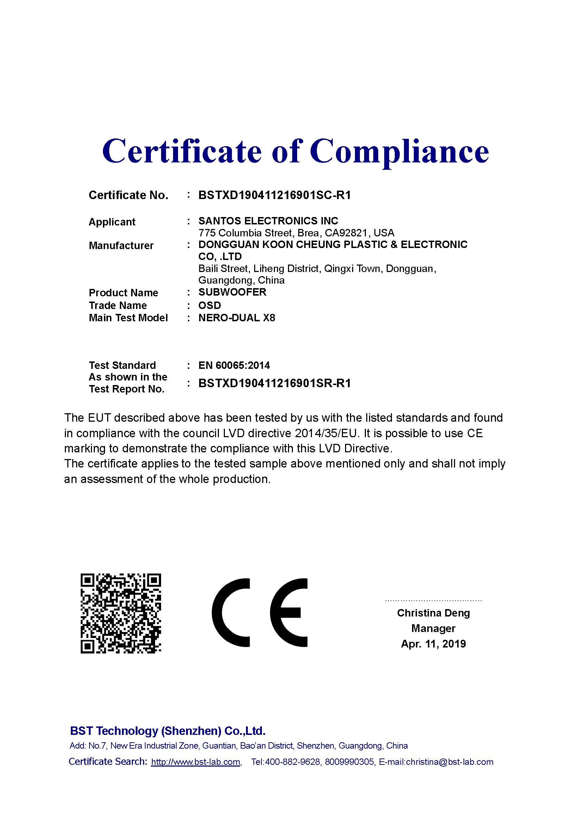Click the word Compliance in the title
click(399, 151)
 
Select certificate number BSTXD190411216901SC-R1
click(274, 195)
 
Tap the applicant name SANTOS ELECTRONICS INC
click(268, 221)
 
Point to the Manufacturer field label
click(121, 246)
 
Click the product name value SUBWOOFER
click(232, 292)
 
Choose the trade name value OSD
click(210, 305)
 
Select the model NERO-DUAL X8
click(237, 318)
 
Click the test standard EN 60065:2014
click(234, 365)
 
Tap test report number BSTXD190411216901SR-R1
click(274, 383)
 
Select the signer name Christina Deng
click(433, 613)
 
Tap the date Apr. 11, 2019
click(433, 644)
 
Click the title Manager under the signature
click(433, 628)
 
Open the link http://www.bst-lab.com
click(196, 762)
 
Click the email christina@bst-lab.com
click(449, 762)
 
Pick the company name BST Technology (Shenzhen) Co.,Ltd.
click(168, 731)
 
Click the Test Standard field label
click(122, 365)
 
